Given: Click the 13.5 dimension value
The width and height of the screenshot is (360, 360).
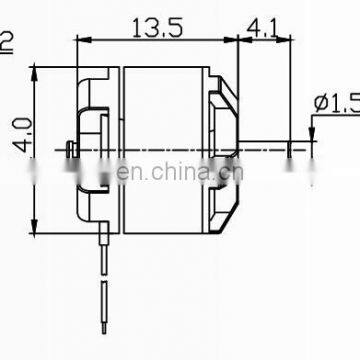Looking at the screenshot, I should [155, 29].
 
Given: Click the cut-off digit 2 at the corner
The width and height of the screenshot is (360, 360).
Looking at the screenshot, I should [7, 41].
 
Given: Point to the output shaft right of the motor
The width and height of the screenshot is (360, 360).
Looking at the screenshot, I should [265, 152].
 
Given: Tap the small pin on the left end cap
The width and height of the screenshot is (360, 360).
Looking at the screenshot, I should [66, 151].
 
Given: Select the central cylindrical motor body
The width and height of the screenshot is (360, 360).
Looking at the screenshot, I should [165, 150].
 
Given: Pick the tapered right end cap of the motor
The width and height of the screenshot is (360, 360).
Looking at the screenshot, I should [225, 150].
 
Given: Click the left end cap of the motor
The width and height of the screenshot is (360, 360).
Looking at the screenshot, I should [95, 150].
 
